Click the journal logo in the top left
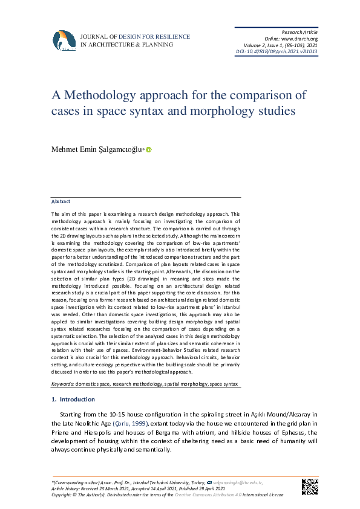click(65, 40)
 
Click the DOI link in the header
click(276, 51)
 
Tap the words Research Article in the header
click(299, 31)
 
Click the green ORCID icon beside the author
click(148, 150)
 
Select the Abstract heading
click(61, 201)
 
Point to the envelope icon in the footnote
click(209, 484)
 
